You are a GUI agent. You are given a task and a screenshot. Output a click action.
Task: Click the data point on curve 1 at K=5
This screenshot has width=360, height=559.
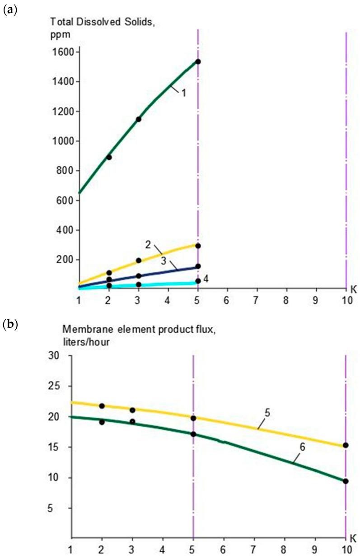tap(198, 61)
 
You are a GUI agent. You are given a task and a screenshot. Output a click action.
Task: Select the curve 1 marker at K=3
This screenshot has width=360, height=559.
tap(139, 119)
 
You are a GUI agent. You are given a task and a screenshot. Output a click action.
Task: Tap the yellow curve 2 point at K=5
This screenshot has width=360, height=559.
tap(198, 246)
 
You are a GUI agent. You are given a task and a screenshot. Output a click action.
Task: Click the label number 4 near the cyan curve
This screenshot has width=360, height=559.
tap(206, 279)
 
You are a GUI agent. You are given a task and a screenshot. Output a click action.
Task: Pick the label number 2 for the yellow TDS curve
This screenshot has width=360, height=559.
tap(148, 244)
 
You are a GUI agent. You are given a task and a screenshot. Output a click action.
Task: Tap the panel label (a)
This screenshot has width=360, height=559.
tap(10, 9)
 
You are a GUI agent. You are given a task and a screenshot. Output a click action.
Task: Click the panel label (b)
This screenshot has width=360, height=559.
tap(10, 324)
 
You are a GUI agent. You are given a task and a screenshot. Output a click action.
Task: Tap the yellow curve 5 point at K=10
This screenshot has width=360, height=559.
tap(346, 445)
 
